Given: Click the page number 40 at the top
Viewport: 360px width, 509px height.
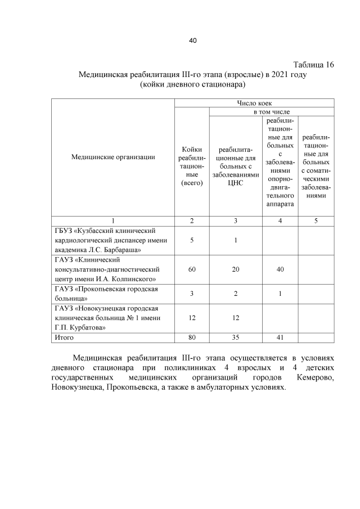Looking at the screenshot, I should click(x=192, y=40).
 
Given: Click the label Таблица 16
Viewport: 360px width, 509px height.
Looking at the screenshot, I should click(x=313, y=65).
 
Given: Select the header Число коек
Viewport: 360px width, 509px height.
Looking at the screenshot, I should click(x=254, y=103).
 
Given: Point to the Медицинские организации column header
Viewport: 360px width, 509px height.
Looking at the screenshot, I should click(x=113, y=157).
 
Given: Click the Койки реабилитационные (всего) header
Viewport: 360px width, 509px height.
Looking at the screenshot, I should click(x=192, y=166).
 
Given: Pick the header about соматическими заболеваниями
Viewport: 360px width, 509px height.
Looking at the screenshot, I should click(x=316, y=166).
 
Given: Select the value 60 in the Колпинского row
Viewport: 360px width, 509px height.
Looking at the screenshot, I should click(x=192, y=270).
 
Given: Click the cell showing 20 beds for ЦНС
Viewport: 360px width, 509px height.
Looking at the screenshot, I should click(x=235, y=270).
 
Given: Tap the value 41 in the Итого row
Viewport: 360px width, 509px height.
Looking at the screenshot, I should click(x=280, y=337).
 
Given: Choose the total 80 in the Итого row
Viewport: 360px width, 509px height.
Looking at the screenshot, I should click(x=192, y=337).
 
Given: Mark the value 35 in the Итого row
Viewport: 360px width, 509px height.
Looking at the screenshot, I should click(x=235, y=337).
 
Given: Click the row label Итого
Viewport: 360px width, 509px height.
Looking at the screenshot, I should click(x=64, y=337).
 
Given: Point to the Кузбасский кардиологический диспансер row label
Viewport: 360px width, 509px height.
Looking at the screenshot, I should click(x=106, y=240).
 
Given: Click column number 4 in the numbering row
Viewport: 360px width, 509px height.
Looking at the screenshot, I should click(x=280, y=220).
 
